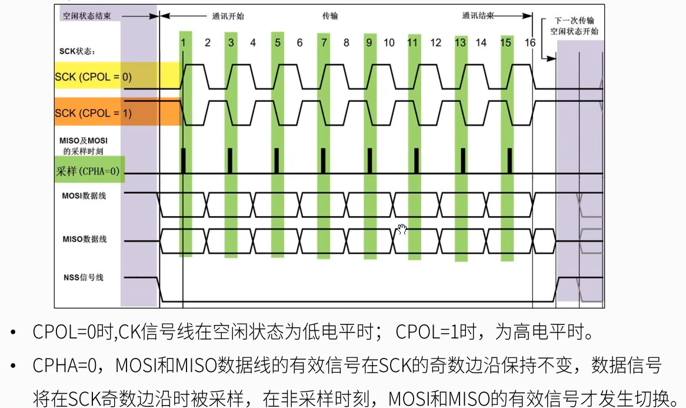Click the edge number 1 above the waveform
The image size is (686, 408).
tap(184, 42)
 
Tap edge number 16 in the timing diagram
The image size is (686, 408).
tap(530, 42)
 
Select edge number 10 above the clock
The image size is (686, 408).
tap(389, 42)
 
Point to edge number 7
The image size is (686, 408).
tap(323, 42)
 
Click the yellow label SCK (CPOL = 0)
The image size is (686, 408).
tap(93, 77)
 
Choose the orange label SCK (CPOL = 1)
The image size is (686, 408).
tap(93, 112)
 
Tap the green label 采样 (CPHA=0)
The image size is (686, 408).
tap(88, 172)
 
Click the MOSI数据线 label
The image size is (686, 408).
tap(84, 195)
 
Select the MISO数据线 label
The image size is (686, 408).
tap(84, 240)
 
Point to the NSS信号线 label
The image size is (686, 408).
tap(83, 277)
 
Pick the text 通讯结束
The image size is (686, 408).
tap(477, 16)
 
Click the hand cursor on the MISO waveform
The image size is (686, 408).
tap(402, 229)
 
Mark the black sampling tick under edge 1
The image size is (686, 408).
tap(184, 160)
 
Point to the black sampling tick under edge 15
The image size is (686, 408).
tap(509, 160)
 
